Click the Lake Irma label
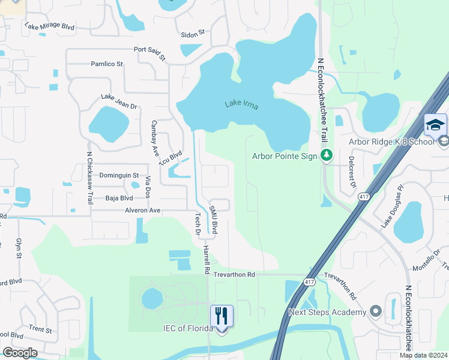pyautogui.click(x=242, y=105)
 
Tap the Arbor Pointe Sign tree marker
pyautogui.click(x=327, y=156)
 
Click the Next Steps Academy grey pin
pyautogui.click(x=376, y=311)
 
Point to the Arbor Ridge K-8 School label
pyautogui.click(x=391, y=142)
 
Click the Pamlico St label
pyautogui.click(x=106, y=64)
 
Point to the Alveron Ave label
pyautogui.click(x=142, y=211)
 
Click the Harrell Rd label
pyautogui.click(x=206, y=259)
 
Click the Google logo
pyautogui.click(x=20, y=353)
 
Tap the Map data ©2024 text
pyautogui.click(x=423, y=355)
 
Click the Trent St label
pyautogui.click(x=40, y=329)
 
